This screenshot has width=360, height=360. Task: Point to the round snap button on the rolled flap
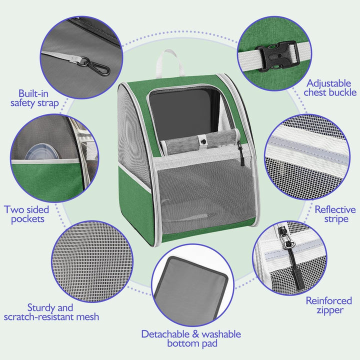[203, 141]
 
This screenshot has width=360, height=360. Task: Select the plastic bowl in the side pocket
[42, 151]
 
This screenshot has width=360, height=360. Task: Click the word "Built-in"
[33, 93]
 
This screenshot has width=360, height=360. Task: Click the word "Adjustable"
[329, 83]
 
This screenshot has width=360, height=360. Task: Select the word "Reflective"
[335, 209]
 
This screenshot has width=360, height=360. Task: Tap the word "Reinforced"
[329, 300]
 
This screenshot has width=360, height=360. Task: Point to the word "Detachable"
[165, 334]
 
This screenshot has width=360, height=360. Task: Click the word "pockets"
[28, 219]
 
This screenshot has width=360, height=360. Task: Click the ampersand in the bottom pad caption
[195, 334]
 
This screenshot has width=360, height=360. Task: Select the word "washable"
[221, 334]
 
